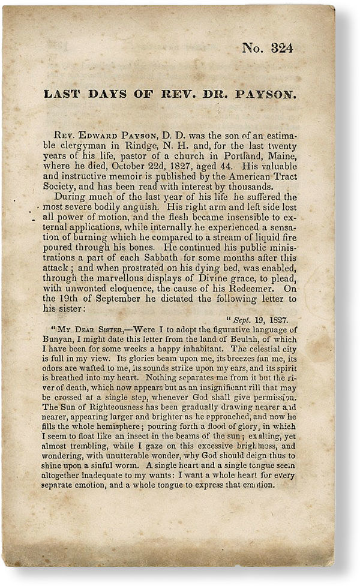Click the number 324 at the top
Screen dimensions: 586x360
(281, 48)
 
